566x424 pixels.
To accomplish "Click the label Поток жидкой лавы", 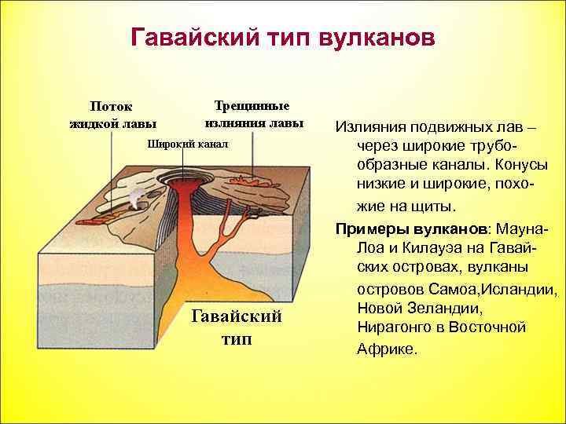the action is click(112, 114).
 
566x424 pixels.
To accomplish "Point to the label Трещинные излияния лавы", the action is click(252, 114).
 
